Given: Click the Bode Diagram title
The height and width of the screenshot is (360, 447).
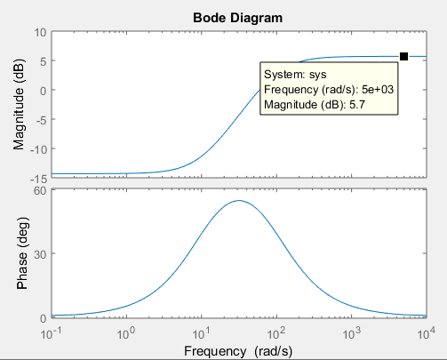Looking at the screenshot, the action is pyautogui.click(x=237, y=18).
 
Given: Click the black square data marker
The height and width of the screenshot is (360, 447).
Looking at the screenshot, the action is pyautogui.click(x=403, y=56).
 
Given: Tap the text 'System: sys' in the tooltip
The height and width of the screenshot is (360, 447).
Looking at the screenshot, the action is pyautogui.click(x=295, y=75).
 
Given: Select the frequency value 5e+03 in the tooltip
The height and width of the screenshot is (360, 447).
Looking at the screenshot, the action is pyautogui.click(x=378, y=89).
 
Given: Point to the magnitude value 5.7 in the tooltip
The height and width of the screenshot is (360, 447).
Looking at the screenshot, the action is pyautogui.click(x=357, y=105).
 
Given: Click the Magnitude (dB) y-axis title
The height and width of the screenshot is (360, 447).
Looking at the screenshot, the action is pyautogui.click(x=19, y=105).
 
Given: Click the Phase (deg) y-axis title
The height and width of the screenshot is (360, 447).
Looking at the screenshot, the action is pyautogui.click(x=22, y=252).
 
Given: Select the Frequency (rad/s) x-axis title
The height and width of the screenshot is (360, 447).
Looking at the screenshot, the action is pyautogui.click(x=238, y=351).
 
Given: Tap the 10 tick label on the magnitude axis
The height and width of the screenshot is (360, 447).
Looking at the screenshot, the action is pyautogui.click(x=40, y=32).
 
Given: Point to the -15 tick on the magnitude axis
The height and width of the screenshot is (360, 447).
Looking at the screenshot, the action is pyautogui.click(x=38, y=179).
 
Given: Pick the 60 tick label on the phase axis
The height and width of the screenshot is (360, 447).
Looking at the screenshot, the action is pyautogui.click(x=40, y=190).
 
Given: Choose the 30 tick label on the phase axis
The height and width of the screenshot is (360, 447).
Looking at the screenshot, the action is pyautogui.click(x=40, y=254).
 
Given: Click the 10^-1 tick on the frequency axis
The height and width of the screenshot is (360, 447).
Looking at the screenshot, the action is pyautogui.click(x=49, y=334).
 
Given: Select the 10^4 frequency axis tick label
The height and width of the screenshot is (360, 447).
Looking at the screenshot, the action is pyautogui.click(x=426, y=334).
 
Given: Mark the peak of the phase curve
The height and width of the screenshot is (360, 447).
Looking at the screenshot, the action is pyautogui.click(x=239, y=201).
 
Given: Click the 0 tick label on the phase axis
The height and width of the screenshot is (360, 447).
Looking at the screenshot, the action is pyautogui.click(x=44, y=318).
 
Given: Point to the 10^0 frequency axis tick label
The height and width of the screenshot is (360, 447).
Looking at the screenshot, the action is pyautogui.click(x=126, y=334).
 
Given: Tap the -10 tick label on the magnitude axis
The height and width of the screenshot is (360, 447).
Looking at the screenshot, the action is pyautogui.click(x=38, y=149).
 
